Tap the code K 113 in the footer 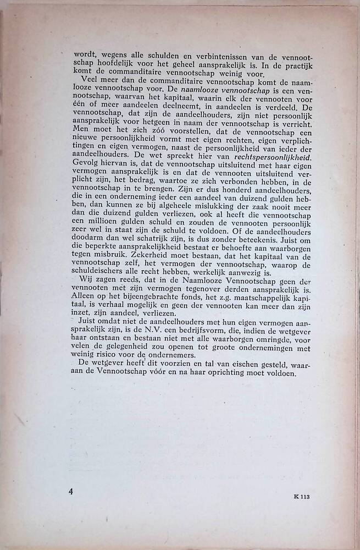point(302,497)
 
